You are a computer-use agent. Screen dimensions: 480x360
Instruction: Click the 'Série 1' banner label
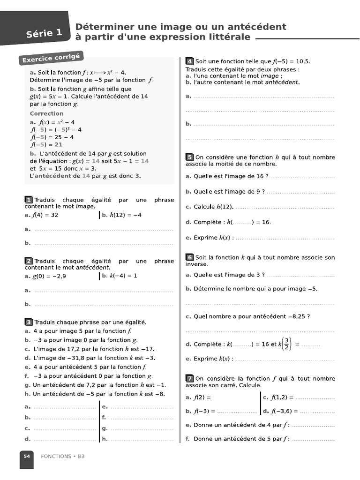[x=44, y=33]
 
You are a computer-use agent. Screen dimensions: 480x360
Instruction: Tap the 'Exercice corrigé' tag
[x=50, y=59]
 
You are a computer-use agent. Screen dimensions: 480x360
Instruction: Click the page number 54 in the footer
[x=26, y=456]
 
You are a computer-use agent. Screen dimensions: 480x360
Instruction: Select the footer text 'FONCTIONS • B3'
[x=62, y=456]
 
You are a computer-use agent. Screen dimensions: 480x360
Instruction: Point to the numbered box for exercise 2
[x=29, y=261]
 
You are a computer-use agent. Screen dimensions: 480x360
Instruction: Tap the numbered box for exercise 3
[x=29, y=322]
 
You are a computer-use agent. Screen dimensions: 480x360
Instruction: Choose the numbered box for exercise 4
[x=189, y=61]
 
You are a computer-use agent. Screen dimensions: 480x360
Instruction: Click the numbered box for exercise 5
[x=189, y=157]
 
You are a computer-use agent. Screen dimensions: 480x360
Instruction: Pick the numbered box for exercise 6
[x=189, y=257]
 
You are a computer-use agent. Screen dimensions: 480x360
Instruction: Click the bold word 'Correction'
[x=46, y=113]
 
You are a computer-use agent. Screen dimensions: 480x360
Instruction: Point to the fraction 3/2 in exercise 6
[x=287, y=344]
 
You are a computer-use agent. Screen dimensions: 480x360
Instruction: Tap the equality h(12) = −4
[x=125, y=215]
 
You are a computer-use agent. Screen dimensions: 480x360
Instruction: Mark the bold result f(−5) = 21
[x=46, y=145]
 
